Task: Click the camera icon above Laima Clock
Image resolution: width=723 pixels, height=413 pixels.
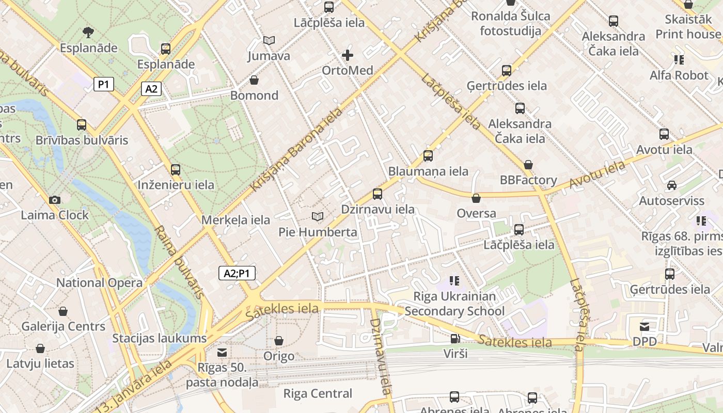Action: (x=54, y=200)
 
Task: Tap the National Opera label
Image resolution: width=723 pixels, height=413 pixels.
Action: (x=99, y=283)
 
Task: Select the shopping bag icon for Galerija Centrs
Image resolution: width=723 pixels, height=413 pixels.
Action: (x=63, y=311)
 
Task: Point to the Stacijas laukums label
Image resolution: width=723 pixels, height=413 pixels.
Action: (x=160, y=339)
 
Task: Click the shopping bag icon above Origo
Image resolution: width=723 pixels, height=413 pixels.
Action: (x=279, y=341)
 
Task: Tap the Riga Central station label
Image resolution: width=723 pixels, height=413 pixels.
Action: (x=318, y=394)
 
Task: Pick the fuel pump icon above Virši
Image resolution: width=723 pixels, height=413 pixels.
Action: (x=455, y=339)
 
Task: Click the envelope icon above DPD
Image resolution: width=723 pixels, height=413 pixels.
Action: (x=645, y=326)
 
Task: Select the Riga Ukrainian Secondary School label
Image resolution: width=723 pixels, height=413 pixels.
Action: (x=454, y=304)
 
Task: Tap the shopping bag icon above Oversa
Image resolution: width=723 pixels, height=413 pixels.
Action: (x=476, y=198)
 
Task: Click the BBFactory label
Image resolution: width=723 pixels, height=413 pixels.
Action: (x=528, y=180)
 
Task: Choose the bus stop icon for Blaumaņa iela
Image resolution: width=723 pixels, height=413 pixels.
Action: (x=428, y=155)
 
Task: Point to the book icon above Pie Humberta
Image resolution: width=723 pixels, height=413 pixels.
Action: (x=318, y=216)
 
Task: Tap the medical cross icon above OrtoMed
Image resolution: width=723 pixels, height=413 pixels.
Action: (x=348, y=55)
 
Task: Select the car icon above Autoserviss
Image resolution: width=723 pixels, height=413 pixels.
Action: (x=671, y=185)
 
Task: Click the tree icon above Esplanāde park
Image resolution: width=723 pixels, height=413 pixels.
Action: (x=88, y=33)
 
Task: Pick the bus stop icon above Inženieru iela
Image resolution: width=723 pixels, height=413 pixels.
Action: (x=176, y=169)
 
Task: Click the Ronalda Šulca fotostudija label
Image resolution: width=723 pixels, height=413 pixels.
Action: (x=510, y=23)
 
